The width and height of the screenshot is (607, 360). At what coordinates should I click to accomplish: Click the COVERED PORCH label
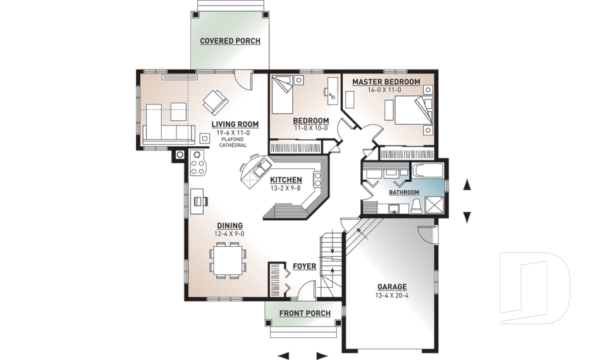(230, 41)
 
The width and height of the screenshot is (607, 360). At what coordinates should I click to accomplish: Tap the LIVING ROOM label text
(231, 125)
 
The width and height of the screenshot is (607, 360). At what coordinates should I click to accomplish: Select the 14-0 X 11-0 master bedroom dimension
(386, 90)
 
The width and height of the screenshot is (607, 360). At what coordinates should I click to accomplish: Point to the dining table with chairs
(228, 259)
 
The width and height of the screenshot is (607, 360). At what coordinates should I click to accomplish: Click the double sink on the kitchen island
(259, 169)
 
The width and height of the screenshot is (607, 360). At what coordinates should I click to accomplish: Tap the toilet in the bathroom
(417, 206)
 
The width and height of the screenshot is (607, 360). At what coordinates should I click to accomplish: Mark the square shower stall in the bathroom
(434, 205)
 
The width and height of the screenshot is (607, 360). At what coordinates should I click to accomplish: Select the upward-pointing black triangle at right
(467, 185)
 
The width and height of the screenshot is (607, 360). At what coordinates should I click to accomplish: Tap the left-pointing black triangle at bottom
(284, 355)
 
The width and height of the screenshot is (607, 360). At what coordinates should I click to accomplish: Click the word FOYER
(305, 266)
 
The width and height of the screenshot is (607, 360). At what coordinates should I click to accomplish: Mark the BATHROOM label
(403, 192)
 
